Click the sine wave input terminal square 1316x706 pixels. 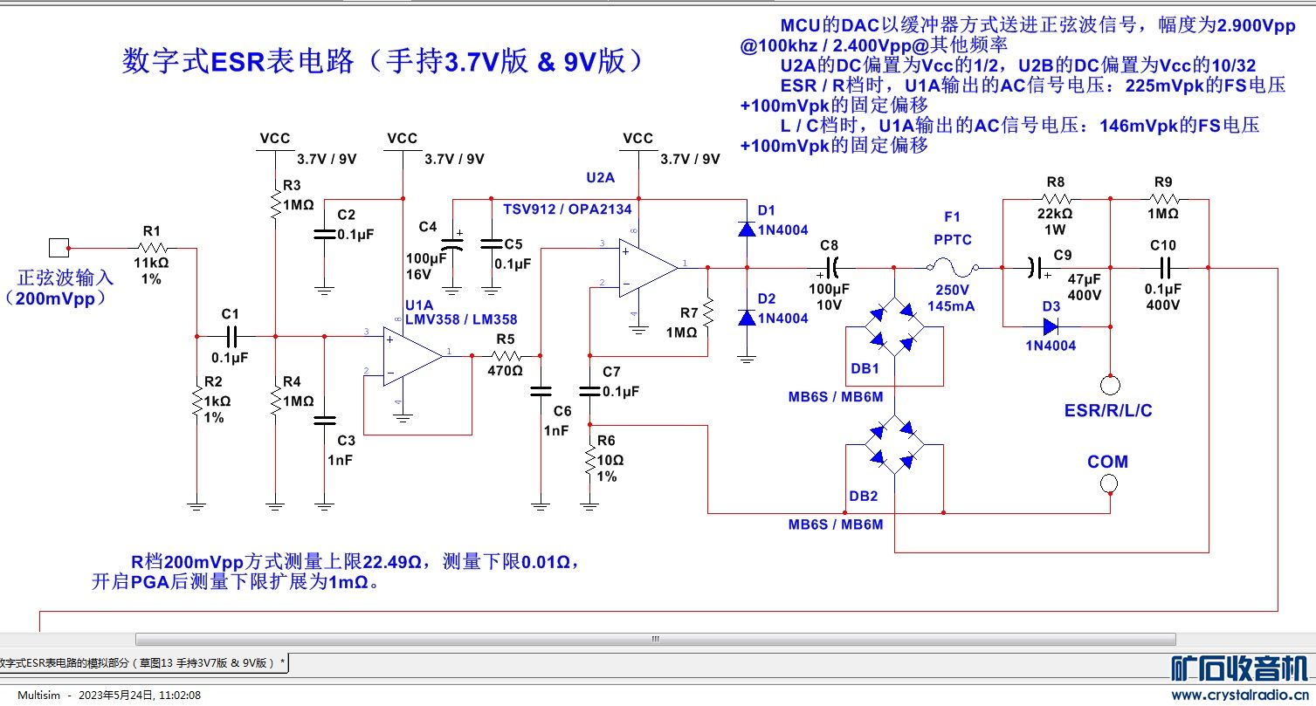59,248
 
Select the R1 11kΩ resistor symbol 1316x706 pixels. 152,248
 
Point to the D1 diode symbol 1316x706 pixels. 747,229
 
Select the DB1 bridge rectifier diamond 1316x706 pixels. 895,327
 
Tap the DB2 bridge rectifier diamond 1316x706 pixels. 895,445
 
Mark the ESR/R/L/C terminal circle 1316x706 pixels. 1110,383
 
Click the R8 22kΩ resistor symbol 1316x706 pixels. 1055,199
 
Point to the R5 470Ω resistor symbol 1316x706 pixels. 506,355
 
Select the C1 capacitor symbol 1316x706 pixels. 231,335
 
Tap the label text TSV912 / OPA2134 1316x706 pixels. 567,209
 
